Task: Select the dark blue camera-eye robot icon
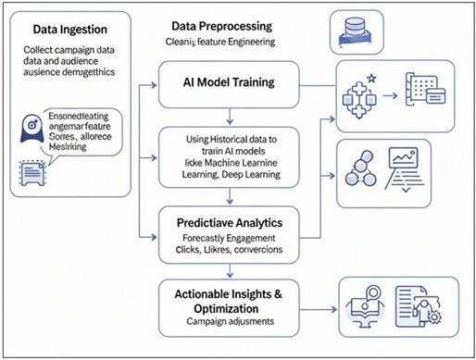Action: pyautogui.click(x=28, y=135)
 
